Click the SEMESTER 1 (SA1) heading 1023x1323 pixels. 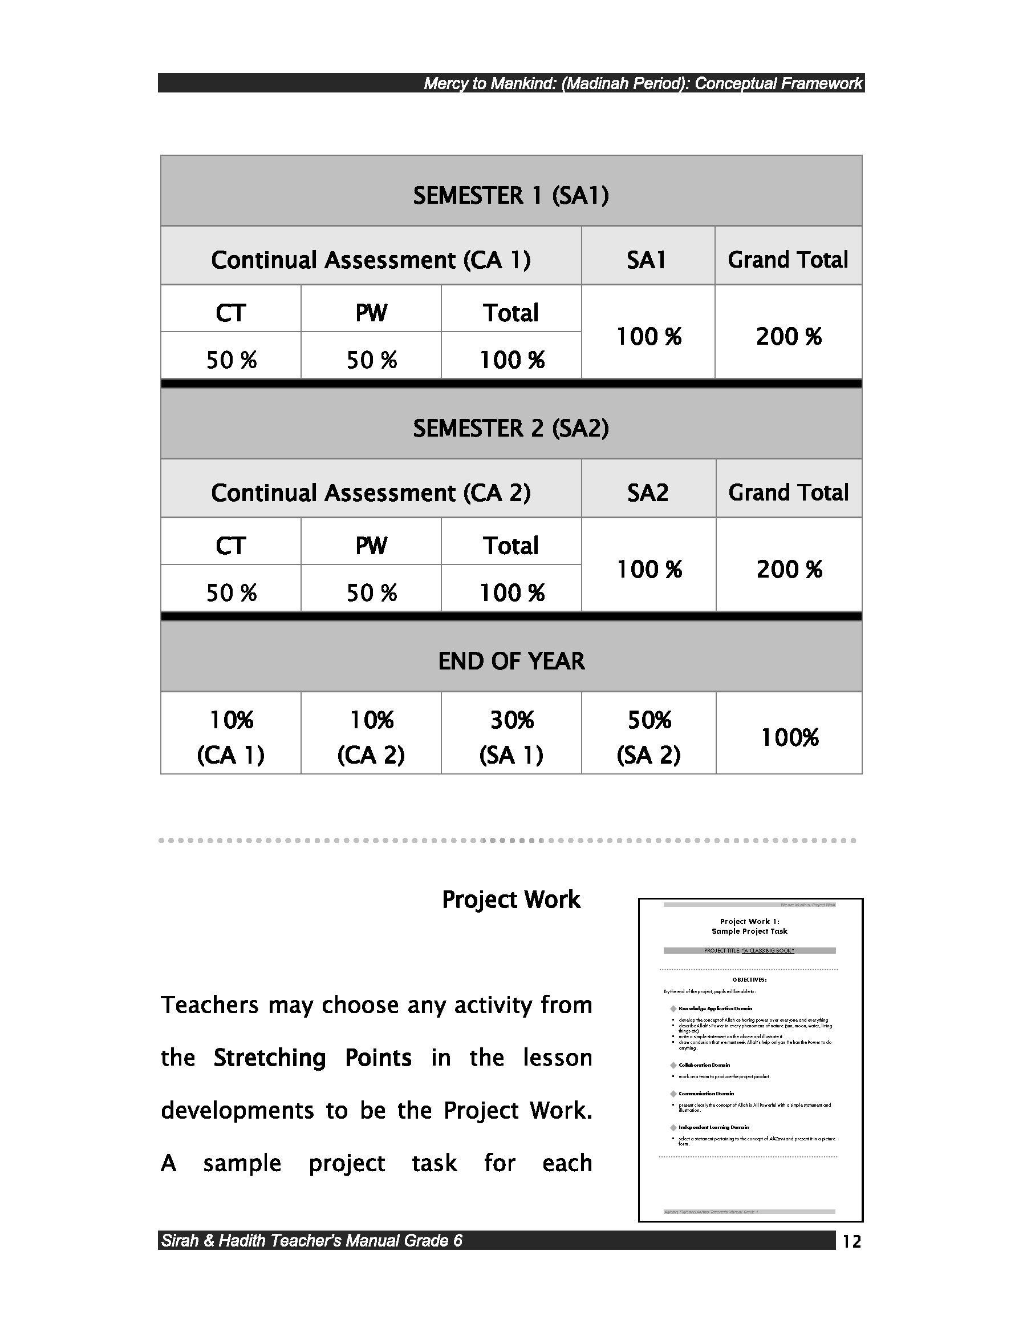(x=511, y=195)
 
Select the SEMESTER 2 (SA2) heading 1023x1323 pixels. (x=511, y=428)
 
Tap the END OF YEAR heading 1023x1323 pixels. (x=511, y=661)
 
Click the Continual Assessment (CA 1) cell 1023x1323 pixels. (x=371, y=260)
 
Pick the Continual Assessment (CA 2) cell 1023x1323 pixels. (x=371, y=493)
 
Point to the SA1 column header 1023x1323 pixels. (x=647, y=260)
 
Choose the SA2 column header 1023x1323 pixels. (x=648, y=493)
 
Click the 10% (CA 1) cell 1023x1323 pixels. (x=230, y=737)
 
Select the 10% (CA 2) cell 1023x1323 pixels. (x=371, y=737)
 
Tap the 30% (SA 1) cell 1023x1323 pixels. (x=511, y=737)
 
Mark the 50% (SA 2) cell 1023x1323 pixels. (x=649, y=737)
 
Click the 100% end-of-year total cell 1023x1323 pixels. (x=789, y=737)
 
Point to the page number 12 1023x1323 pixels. (x=851, y=1242)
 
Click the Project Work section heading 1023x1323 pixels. (x=511, y=900)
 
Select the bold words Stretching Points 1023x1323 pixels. (x=312, y=1058)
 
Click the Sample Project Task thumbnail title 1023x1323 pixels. (x=749, y=931)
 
